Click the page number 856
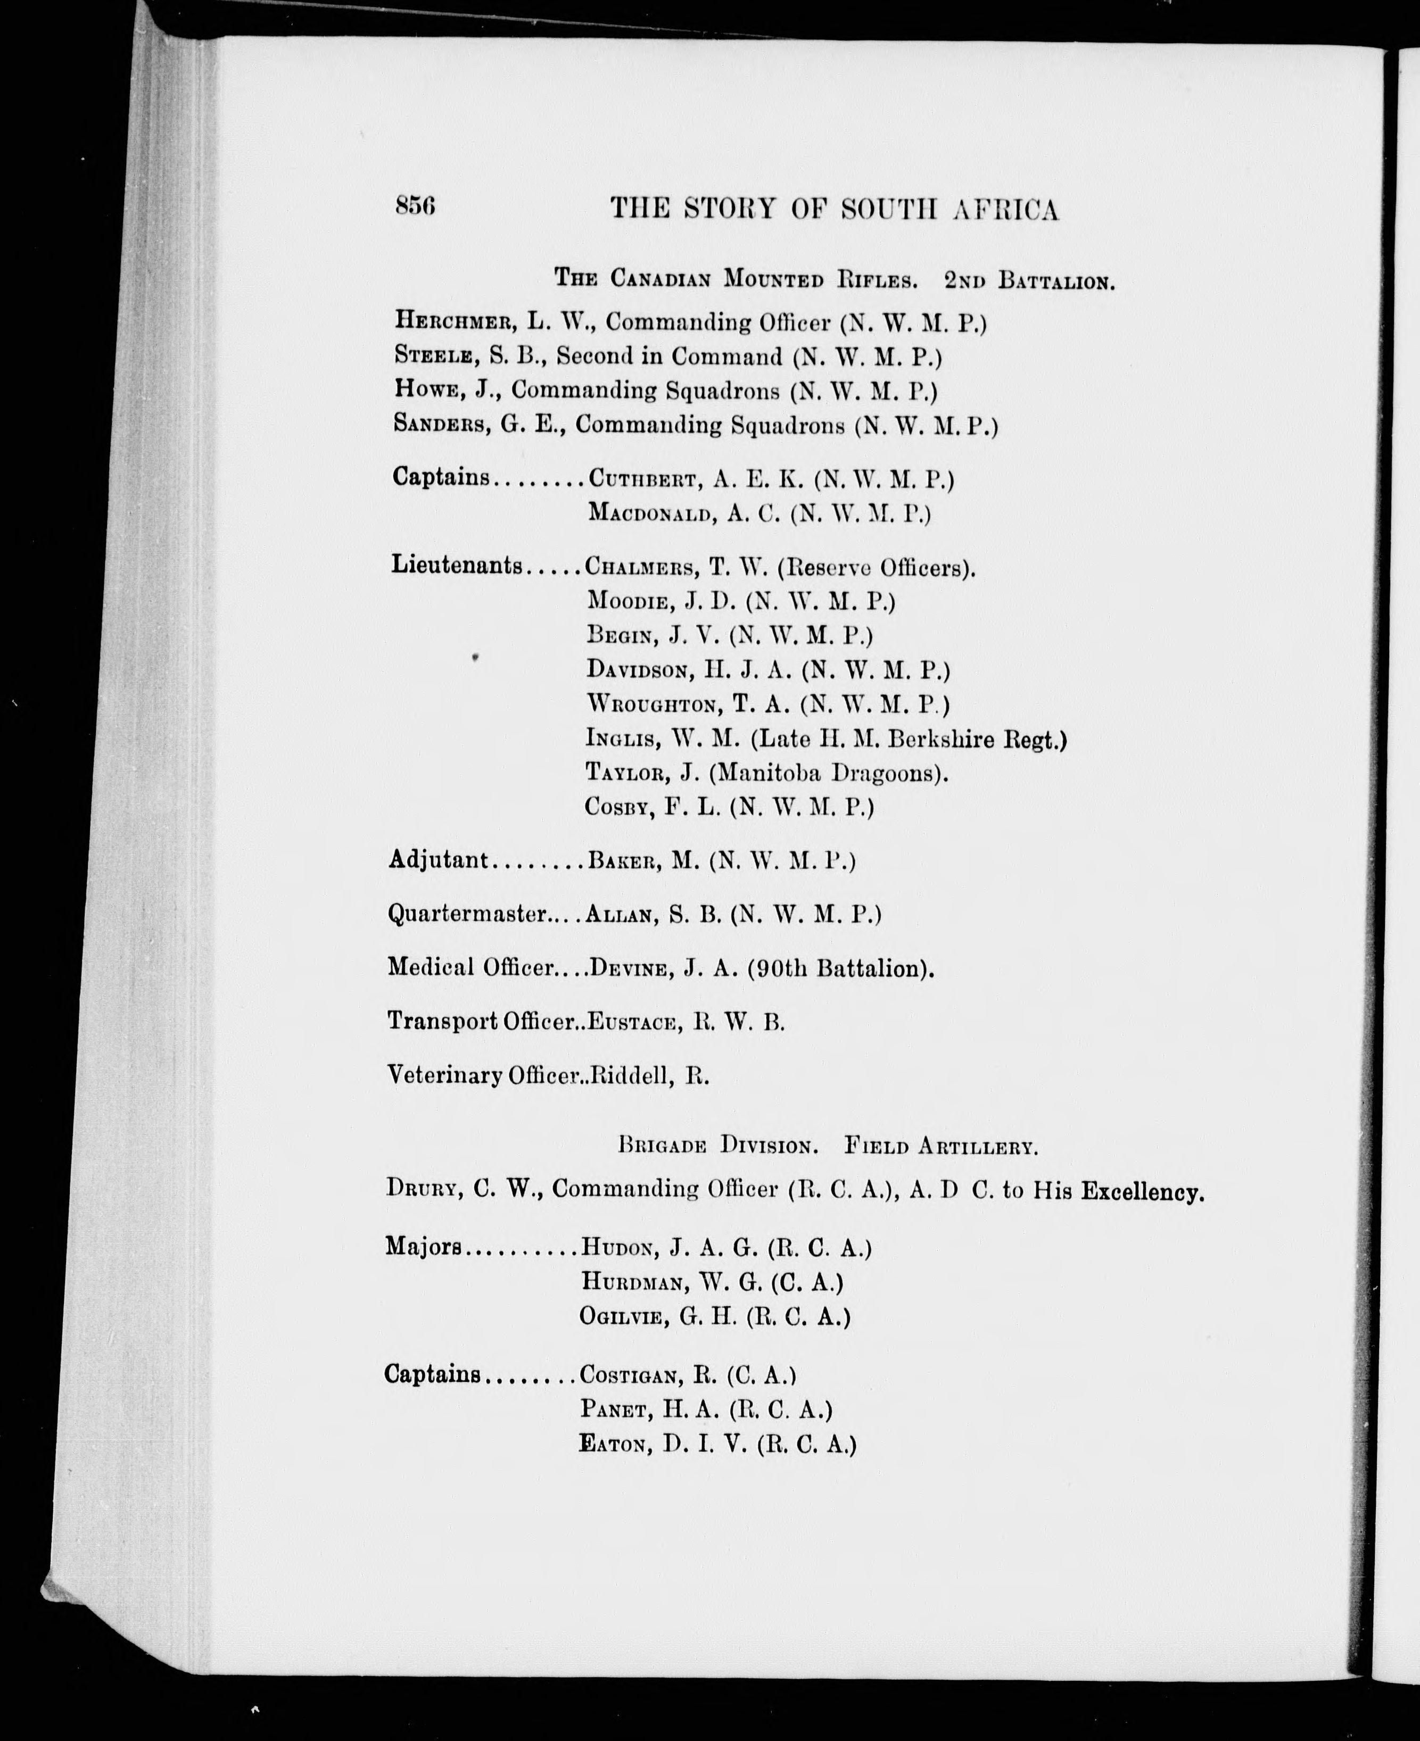pyautogui.click(x=415, y=206)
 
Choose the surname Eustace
pyautogui.click(x=634, y=1022)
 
